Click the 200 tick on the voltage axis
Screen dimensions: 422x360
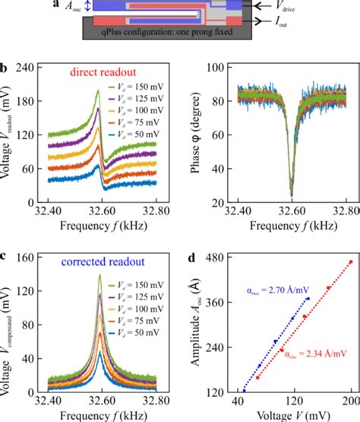click(350, 401)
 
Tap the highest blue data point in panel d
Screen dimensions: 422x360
click(308, 298)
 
